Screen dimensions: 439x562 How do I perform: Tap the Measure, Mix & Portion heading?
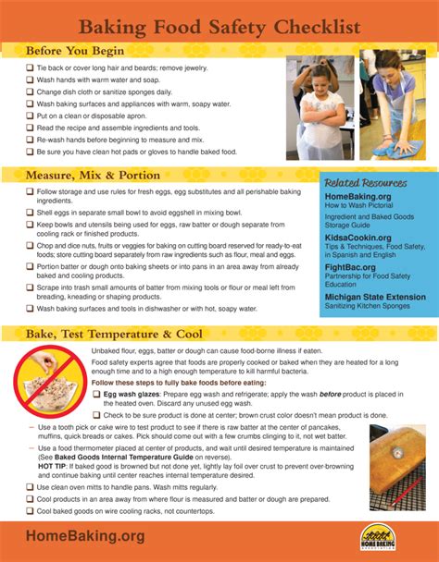[x=93, y=175]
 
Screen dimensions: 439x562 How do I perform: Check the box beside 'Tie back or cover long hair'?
[x=30, y=67]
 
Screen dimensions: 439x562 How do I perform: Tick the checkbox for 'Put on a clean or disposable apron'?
[x=30, y=116]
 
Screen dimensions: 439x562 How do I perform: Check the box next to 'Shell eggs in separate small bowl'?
[x=30, y=213]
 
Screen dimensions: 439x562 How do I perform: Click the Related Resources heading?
[x=364, y=183]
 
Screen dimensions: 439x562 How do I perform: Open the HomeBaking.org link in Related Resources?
[x=358, y=196]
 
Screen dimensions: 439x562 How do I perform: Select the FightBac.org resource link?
[x=350, y=267]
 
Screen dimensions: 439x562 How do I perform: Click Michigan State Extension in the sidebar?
[x=375, y=297]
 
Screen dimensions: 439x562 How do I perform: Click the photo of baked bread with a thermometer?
[x=396, y=467]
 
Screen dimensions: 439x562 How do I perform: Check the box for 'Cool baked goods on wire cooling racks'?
[x=30, y=510]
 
